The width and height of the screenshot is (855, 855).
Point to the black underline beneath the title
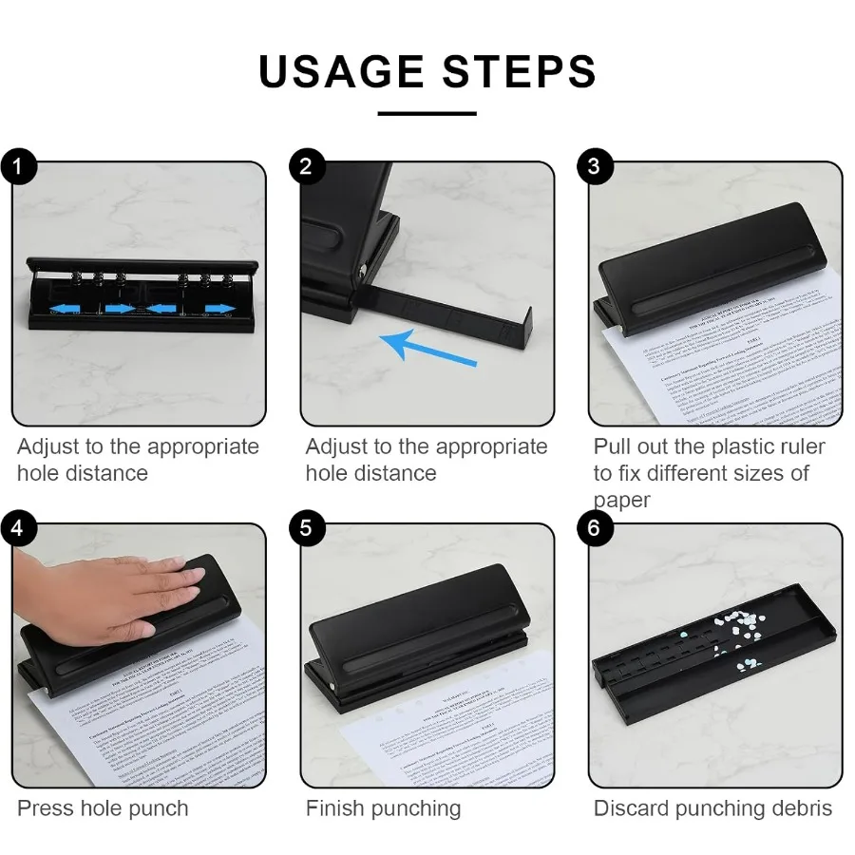coord(427,114)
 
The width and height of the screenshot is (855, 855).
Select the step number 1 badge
coord(18,167)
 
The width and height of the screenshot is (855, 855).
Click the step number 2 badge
coord(306,167)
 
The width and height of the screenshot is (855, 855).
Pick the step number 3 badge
coord(594,167)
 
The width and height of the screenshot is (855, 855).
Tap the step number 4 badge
coord(18,527)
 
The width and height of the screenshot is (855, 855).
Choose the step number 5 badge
coord(306,527)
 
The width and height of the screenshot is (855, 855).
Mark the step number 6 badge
coord(594,527)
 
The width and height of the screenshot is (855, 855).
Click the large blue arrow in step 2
coord(427,348)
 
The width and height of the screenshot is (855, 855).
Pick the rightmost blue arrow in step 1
coord(218,308)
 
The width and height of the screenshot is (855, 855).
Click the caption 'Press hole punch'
coord(103,808)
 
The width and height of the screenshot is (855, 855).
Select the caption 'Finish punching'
coord(383,808)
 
